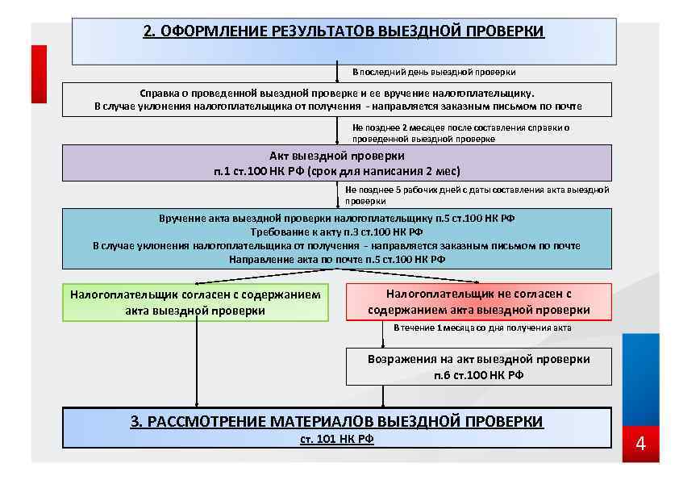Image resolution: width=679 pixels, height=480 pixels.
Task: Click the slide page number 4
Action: (x=641, y=444)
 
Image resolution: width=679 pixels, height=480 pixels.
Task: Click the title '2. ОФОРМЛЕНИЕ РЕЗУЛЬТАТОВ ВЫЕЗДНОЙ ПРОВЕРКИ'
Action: (x=344, y=31)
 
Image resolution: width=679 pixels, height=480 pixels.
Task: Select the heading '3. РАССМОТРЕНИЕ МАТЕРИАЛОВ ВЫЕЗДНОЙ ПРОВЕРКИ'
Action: (x=337, y=421)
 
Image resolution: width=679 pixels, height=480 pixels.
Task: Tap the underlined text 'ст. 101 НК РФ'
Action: (x=337, y=439)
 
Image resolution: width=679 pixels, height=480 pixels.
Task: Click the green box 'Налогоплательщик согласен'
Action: (x=195, y=302)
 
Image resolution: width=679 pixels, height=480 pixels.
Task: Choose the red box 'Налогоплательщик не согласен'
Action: (x=479, y=302)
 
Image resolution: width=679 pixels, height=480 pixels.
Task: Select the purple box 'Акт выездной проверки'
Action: (x=337, y=163)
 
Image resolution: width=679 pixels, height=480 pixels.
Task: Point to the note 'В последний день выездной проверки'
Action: (x=434, y=72)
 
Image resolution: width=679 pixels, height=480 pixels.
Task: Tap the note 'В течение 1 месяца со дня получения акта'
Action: (x=482, y=328)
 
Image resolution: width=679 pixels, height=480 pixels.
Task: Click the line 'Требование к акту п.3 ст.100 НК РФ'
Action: (x=337, y=232)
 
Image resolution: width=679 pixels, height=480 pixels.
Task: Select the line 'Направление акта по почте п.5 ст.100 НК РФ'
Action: (x=337, y=259)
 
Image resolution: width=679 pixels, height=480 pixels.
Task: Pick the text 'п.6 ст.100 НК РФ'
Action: (x=479, y=375)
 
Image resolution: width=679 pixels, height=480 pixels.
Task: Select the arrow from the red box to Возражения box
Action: (x=383, y=334)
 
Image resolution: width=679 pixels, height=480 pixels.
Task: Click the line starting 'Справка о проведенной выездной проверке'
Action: (x=337, y=93)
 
